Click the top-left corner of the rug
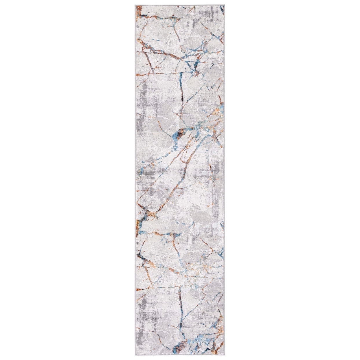(135, 5)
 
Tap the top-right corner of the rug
(225, 5)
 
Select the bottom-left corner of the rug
(135, 355)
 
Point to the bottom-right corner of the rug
(225, 355)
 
